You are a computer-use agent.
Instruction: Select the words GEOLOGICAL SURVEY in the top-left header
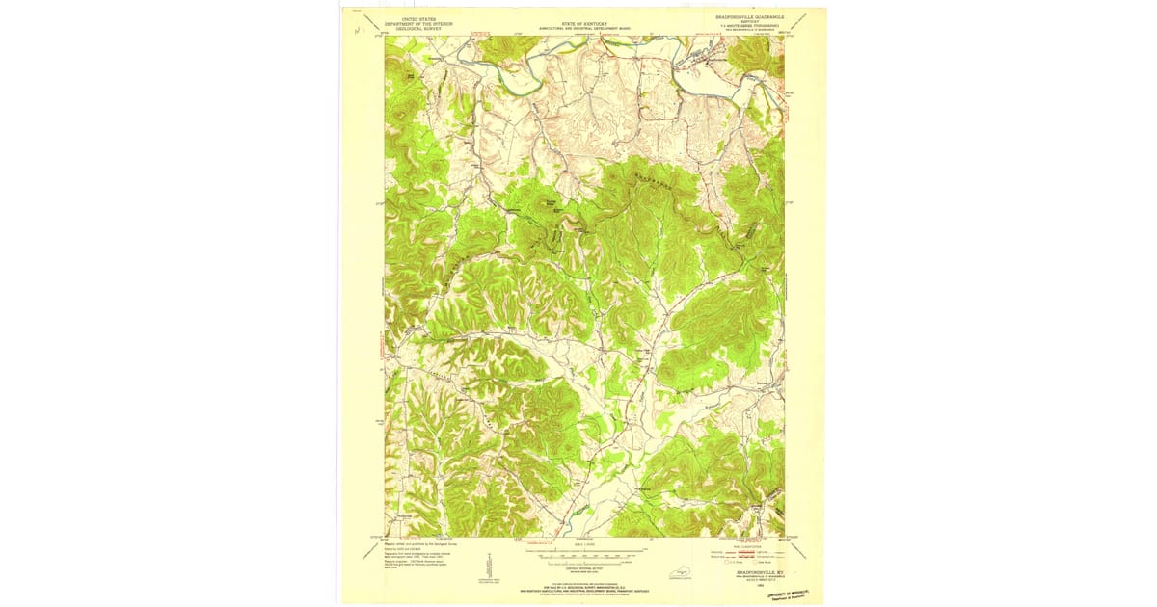pos(412,28)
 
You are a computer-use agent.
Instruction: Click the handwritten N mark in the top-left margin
pos(358,32)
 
